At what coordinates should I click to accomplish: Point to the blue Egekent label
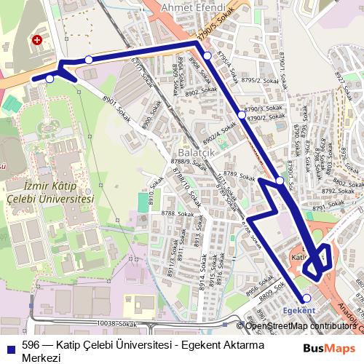pyautogui.click(x=298, y=310)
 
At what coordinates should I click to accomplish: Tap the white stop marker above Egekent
pyautogui.click(x=306, y=298)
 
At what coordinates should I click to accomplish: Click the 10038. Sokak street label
pyautogui.click(x=116, y=323)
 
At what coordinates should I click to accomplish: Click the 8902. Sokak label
pyautogui.click(x=202, y=92)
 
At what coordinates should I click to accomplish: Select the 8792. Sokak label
pyautogui.click(x=337, y=191)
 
